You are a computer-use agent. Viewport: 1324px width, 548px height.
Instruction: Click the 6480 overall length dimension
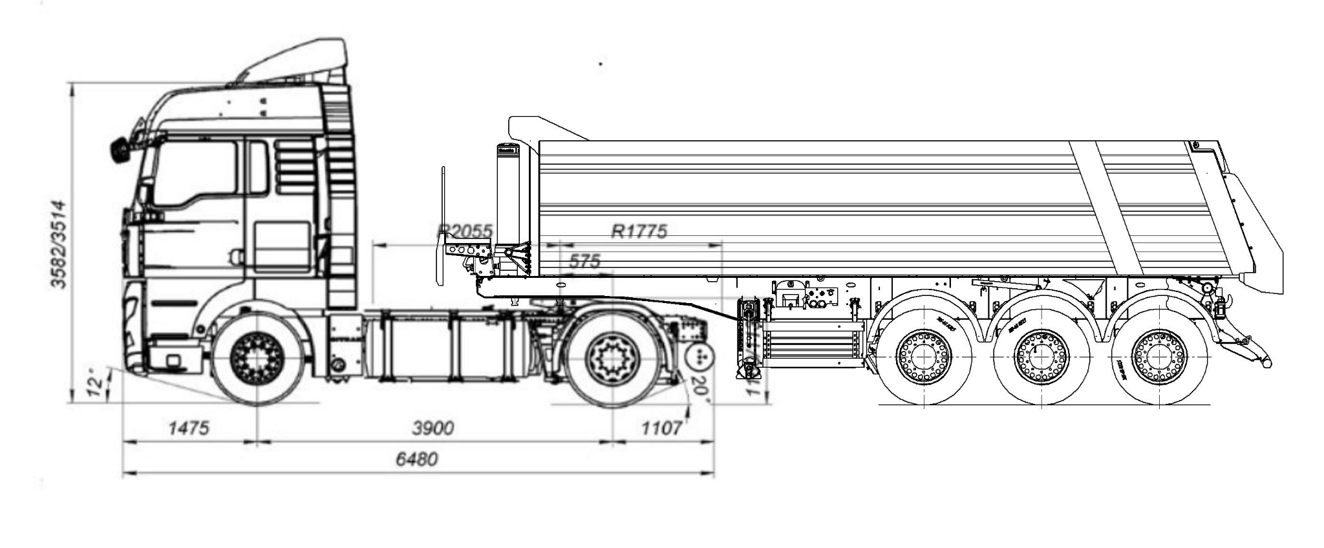point(417,459)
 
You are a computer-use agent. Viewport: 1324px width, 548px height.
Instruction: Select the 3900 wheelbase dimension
point(432,428)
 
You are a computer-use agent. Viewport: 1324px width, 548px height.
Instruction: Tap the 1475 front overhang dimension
point(189,428)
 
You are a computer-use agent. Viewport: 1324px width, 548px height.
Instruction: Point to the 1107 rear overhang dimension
point(661,428)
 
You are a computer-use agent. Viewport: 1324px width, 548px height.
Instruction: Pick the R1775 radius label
point(639,231)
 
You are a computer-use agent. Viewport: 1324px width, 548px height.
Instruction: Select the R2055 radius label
point(465,231)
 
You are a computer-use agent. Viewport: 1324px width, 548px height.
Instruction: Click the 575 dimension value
point(584,261)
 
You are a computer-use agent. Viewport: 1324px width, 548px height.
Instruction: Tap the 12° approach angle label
point(95,383)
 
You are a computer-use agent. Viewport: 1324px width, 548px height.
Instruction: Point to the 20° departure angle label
point(699,390)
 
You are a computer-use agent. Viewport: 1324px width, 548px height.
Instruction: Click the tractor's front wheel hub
point(257,357)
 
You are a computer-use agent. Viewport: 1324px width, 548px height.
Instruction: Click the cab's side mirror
point(119,150)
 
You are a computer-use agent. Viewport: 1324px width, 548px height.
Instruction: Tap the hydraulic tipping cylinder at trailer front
point(507,194)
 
